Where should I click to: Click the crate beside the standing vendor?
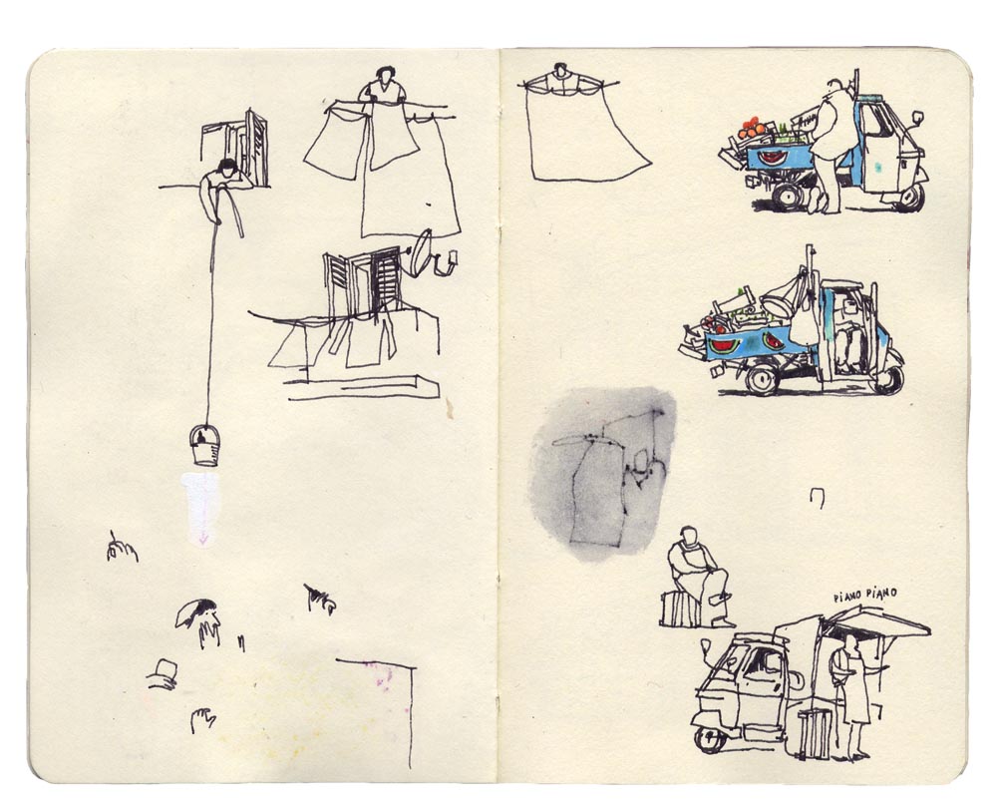click(x=816, y=733)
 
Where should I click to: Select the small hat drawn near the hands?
click(x=163, y=671)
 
